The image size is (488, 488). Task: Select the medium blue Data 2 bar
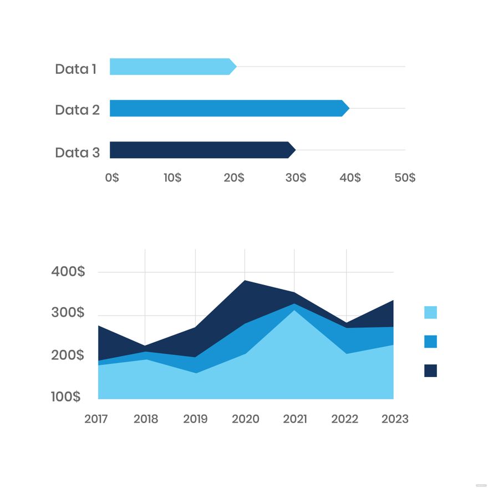[x=227, y=108]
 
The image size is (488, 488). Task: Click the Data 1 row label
[x=75, y=69]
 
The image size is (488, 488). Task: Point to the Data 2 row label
[x=77, y=110]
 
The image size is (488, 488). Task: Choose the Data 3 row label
[x=77, y=152]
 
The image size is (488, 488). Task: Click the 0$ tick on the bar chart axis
[x=112, y=177]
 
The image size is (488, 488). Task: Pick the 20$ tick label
[x=234, y=177]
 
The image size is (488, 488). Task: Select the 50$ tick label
[x=405, y=177]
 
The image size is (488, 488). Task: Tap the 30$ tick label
[x=296, y=177]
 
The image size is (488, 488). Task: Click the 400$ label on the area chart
[x=68, y=272]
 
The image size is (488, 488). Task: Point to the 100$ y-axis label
[x=66, y=396]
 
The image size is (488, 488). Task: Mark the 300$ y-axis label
[x=68, y=313]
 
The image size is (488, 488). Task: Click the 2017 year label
[x=96, y=419]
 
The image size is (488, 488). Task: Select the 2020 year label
[x=246, y=419]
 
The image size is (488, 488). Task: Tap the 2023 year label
[x=395, y=419]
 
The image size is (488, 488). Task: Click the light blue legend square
[x=430, y=312]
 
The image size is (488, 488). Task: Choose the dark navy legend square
[x=430, y=370]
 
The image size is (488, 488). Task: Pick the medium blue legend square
[x=430, y=342]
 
